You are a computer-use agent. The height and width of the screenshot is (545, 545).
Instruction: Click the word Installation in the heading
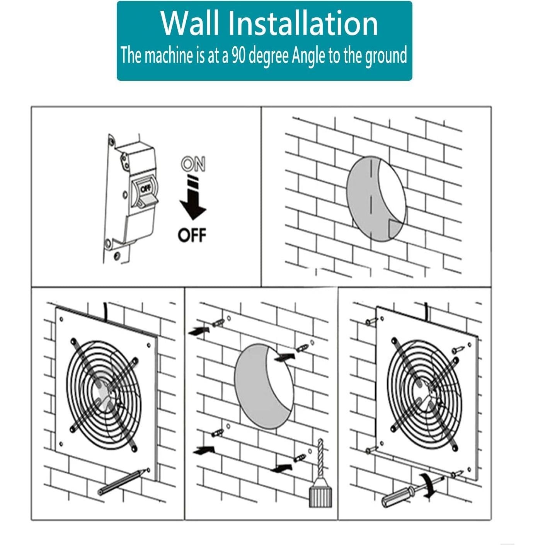[x=302, y=23]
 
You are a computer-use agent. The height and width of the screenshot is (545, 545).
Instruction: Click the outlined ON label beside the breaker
[x=193, y=165]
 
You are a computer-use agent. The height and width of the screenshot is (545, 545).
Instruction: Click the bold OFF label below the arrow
[x=192, y=235]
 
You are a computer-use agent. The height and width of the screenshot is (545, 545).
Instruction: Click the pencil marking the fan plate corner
[x=123, y=482]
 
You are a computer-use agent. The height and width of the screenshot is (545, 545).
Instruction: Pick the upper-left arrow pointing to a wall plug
[x=199, y=330]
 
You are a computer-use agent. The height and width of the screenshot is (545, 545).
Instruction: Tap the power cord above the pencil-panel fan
[x=106, y=311]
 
